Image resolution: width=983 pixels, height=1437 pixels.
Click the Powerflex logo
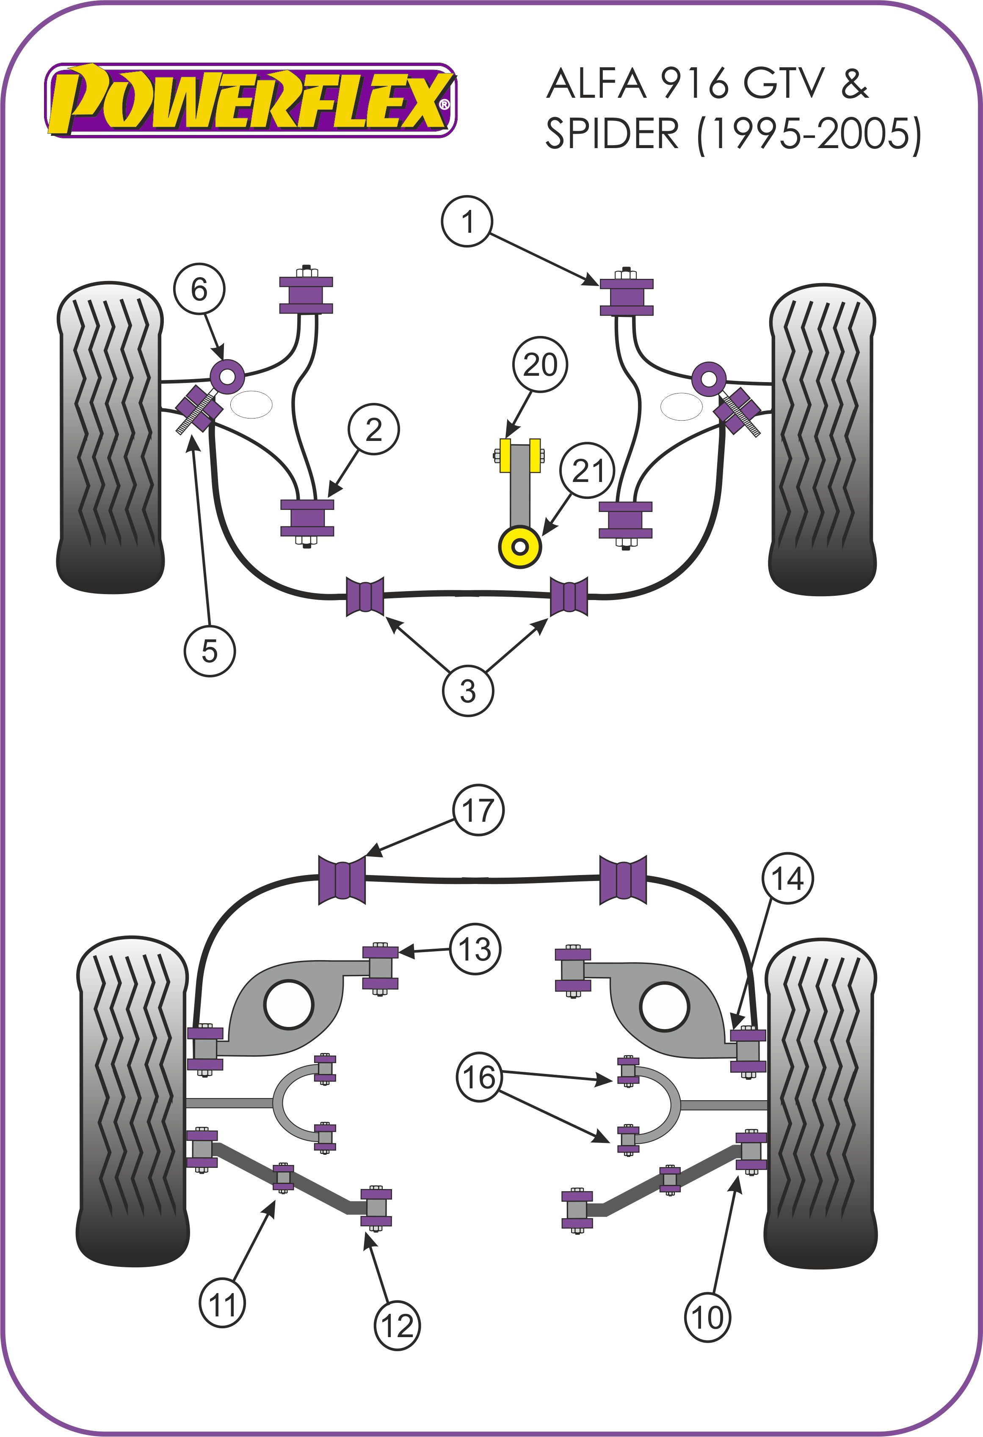pyautogui.click(x=251, y=100)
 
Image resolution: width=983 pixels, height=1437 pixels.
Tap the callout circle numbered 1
pyautogui.click(x=467, y=221)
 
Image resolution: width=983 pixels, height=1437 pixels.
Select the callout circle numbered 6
pyautogui.click(x=199, y=289)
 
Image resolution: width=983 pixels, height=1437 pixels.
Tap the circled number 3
pyautogui.click(x=468, y=691)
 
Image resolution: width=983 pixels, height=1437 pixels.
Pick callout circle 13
pyautogui.click(x=475, y=950)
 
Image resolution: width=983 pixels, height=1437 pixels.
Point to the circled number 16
pyautogui.click(x=480, y=1078)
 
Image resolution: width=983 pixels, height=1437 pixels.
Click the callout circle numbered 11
pyautogui.click(x=223, y=1304)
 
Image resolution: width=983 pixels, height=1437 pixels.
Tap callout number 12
pyautogui.click(x=397, y=1325)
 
